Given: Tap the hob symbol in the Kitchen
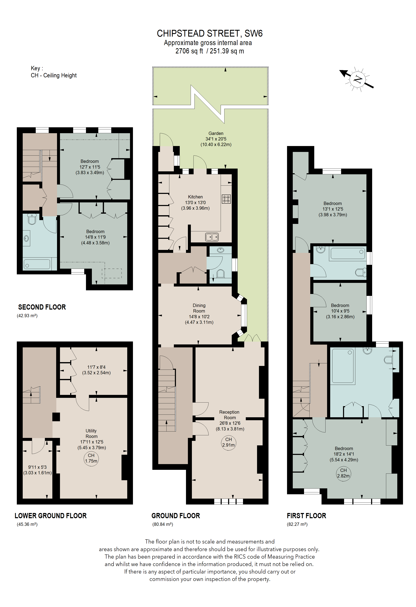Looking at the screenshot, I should point(226,199).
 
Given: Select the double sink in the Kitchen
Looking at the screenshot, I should point(212,237).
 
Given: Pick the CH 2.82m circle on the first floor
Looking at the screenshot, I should point(343,473).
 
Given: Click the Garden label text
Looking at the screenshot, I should point(216,133).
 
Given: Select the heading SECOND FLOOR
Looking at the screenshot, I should point(42,307).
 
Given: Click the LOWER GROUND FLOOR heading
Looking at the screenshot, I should point(51,516).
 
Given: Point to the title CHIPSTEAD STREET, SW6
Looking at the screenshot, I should point(210,33).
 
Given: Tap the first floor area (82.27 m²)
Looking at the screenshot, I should point(297,524).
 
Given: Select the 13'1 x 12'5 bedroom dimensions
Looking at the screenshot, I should point(333,209).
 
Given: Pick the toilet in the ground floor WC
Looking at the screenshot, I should point(220,273).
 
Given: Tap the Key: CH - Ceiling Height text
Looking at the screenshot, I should point(54,72).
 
